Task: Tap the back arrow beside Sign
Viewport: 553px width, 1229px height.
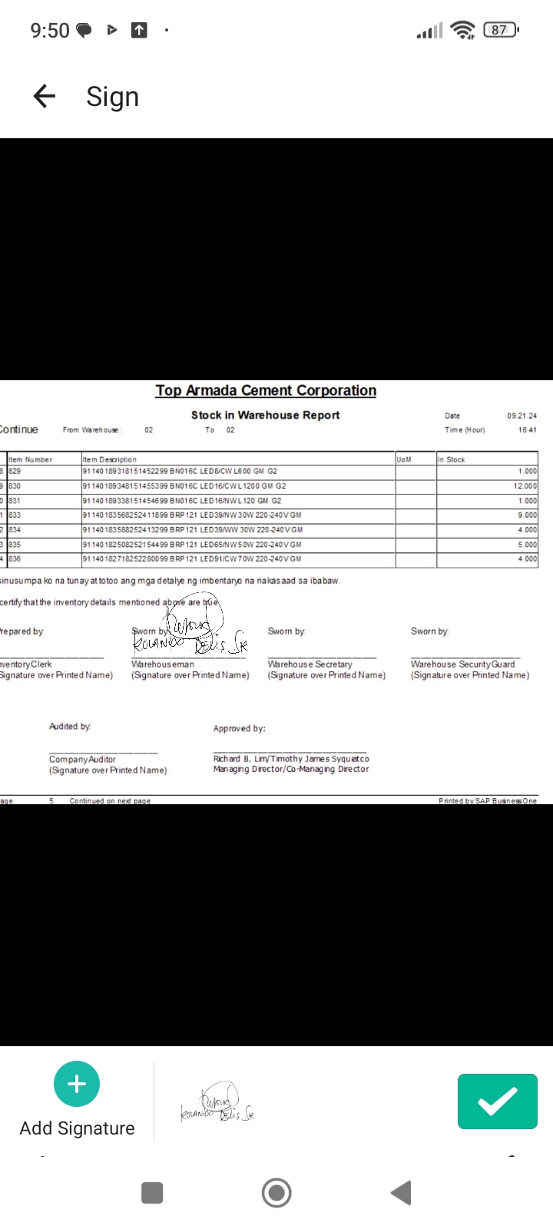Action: pos(45,96)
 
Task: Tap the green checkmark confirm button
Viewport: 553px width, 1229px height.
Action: pos(497,1101)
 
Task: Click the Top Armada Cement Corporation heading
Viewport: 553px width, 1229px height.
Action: pos(266,390)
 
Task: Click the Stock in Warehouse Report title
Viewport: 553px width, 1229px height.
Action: pos(265,415)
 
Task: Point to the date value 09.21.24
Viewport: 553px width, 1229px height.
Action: pos(522,416)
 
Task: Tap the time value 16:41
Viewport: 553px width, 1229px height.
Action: pos(527,430)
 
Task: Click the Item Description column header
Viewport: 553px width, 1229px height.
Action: pos(110,459)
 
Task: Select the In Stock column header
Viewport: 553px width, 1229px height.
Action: pos(452,459)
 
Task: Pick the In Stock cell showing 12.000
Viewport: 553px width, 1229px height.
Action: pos(525,486)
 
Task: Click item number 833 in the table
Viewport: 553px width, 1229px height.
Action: pos(15,515)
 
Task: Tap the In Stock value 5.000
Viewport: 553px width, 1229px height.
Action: pos(527,545)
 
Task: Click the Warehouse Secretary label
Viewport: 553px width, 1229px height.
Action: pos(310,664)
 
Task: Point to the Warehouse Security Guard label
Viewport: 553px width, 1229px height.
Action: pos(462,664)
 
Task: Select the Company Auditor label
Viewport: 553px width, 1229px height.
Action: pos(82,760)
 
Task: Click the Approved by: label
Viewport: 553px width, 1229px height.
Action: pos(239,728)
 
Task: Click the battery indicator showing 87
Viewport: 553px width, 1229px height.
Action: pos(500,30)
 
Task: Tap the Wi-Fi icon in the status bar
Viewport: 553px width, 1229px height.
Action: pos(462,30)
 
